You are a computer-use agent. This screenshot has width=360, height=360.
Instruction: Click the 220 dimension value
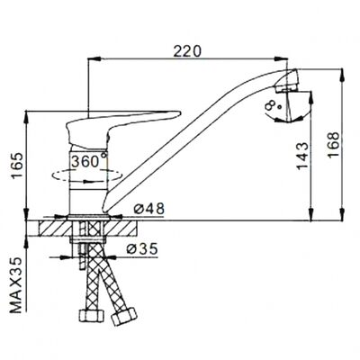pos(187,51)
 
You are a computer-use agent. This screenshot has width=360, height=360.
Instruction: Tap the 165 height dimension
pos(17,166)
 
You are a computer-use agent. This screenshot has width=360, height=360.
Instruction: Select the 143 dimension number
pos(302,156)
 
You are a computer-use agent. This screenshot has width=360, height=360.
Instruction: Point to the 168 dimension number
pos(333,144)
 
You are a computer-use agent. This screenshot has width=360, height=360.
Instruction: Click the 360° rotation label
pos(89,161)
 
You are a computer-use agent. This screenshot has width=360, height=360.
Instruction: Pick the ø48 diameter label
pos(149,208)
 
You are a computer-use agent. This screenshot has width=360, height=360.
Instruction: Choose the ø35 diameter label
pos(142,248)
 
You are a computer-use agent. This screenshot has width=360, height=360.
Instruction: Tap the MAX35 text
pos(17,285)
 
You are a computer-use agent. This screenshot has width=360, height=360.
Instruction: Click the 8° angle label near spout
pos(271,106)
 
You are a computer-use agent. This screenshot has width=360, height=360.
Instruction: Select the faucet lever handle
pos(120,126)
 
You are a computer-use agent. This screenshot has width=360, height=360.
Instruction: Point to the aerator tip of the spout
pos(288,80)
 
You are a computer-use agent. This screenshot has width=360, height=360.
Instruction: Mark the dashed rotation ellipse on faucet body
pos(87,175)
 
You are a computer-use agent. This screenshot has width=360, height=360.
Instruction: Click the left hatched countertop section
pos(55,229)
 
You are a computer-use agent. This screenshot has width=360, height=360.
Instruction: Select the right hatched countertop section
pos(121,229)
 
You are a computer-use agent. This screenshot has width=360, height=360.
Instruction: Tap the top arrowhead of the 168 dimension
pos(341,75)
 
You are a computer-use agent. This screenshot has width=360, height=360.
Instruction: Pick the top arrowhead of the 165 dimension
pos(27,117)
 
